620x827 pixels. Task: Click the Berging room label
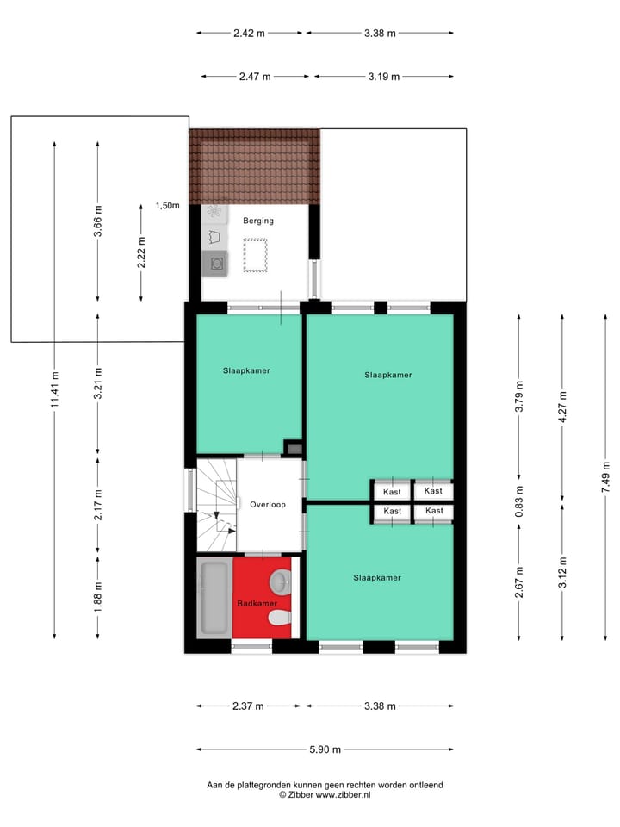pyautogui.click(x=257, y=221)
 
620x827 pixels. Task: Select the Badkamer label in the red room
pyautogui.click(x=257, y=603)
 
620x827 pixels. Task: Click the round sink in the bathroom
pyautogui.click(x=281, y=582)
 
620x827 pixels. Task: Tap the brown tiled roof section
pyautogui.click(x=255, y=166)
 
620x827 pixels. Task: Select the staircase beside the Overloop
pyautogui.click(x=216, y=505)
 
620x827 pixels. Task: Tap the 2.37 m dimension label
pyautogui.click(x=249, y=706)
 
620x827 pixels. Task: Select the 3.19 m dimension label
pyautogui.click(x=383, y=77)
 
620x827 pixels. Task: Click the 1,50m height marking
pyautogui.click(x=167, y=206)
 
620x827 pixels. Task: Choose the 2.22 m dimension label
pyautogui.click(x=142, y=252)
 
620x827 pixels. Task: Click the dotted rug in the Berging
pyautogui.click(x=257, y=256)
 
